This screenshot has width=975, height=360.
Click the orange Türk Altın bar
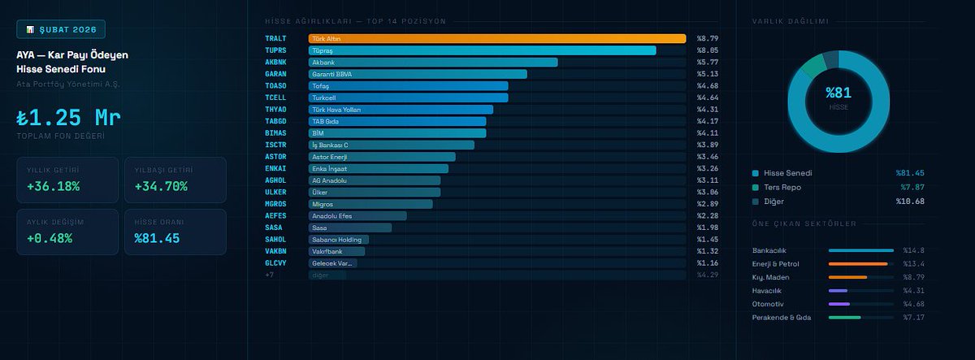(496, 38)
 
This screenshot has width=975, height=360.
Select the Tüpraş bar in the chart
(482, 50)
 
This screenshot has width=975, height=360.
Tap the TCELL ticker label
(275, 98)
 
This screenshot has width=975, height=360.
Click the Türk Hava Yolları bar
(401, 109)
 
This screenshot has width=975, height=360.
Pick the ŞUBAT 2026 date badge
(61, 30)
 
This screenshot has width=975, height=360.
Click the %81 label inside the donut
(838, 93)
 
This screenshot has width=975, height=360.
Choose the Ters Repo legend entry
(782, 187)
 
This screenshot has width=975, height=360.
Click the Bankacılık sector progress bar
(860, 250)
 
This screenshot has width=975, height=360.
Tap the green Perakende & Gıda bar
(844, 317)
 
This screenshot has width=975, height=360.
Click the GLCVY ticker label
(275, 263)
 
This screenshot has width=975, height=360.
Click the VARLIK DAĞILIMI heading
(790, 21)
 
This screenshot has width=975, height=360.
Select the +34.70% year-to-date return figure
(161, 186)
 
